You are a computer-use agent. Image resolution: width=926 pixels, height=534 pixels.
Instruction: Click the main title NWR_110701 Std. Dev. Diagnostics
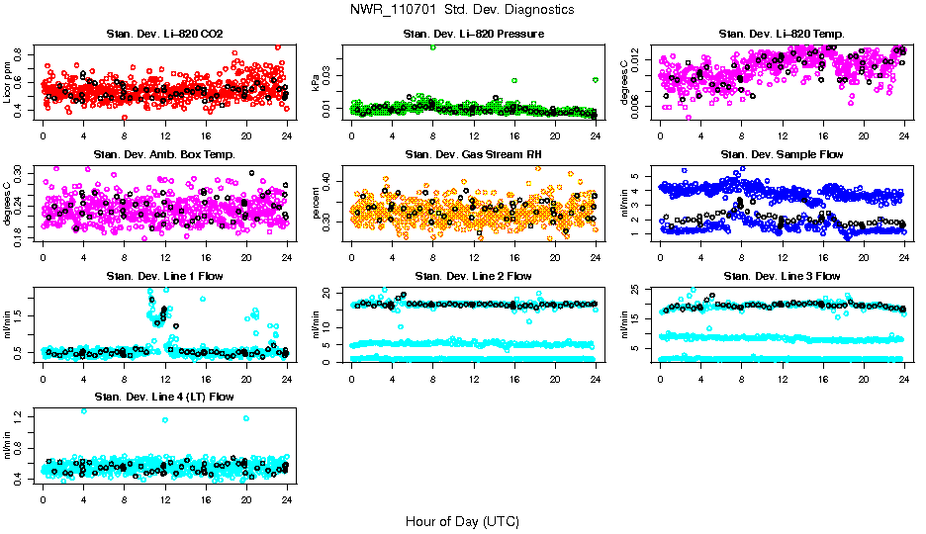point(462,10)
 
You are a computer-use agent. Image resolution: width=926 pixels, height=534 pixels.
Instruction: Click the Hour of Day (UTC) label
point(462,520)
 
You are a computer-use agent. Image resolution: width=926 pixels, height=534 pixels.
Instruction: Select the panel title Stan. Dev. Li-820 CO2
point(164,35)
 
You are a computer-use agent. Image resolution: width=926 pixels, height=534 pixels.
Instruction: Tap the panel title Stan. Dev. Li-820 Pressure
point(473,35)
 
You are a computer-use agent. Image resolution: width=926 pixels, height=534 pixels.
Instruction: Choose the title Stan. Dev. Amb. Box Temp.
point(164,155)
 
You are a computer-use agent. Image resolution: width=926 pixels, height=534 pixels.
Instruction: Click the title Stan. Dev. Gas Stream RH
point(473,155)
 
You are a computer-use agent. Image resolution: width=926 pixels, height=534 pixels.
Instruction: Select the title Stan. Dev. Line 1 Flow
point(164,276)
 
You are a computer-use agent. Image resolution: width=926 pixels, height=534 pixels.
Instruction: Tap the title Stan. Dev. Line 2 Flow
point(473,276)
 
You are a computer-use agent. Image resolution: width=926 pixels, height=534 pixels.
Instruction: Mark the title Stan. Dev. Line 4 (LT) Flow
point(164,398)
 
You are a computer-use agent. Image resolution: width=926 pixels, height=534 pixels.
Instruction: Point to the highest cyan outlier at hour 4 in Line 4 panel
point(84,411)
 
